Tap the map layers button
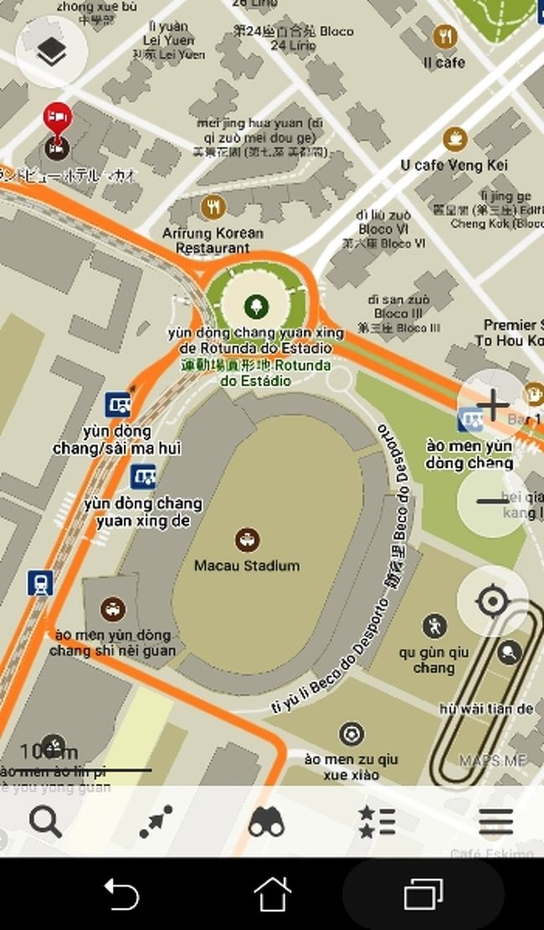click(x=52, y=51)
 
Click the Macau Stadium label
click(x=246, y=566)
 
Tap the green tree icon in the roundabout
click(x=256, y=306)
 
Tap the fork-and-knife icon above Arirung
click(x=214, y=207)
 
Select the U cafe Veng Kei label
click(x=454, y=165)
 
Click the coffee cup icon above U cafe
click(x=454, y=137)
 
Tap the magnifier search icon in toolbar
click(x=45, y=822)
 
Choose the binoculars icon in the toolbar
click(x=266, y=822)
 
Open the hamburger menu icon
click(x=495, y=822)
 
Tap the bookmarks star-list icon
click(x=377, y=822)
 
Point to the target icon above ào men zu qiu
click(x=352, y=735)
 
